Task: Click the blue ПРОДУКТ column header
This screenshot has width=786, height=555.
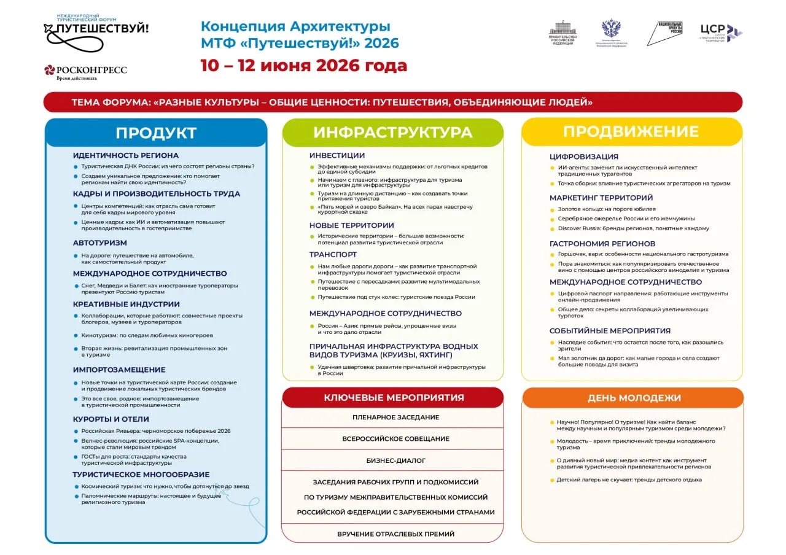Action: (156, 133)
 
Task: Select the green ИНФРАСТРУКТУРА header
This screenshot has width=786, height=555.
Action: (392, 133)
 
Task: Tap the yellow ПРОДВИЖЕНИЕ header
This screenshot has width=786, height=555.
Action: (631, 131)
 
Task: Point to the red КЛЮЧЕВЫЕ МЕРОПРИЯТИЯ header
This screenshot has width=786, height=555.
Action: (394, 397)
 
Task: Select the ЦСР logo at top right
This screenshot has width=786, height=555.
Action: (721, 33)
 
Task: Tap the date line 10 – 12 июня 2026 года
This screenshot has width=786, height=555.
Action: (303, 66)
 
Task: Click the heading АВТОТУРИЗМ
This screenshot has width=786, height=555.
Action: (100, 243)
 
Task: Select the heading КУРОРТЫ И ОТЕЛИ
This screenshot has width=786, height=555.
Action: (111, 419)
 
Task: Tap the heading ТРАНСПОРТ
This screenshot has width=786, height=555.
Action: (333, 254)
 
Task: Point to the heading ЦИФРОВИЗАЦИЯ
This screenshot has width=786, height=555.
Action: (583, 157)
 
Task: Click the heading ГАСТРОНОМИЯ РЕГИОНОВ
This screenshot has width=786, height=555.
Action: (602, 244)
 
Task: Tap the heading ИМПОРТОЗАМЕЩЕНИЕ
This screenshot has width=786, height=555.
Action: (119, 370)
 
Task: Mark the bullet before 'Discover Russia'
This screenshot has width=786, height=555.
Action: (552, 228)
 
